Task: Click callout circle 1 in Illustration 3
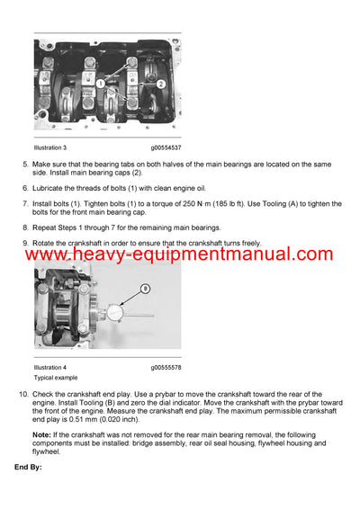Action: point(102,83)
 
